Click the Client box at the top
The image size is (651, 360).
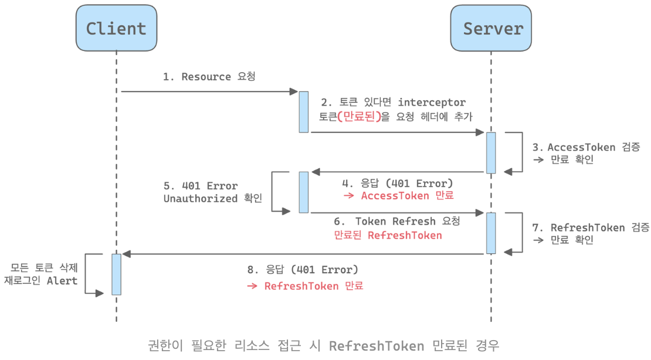point(116,28)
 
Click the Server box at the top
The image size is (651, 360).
point(491,28)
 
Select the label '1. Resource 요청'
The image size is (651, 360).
point(209,77)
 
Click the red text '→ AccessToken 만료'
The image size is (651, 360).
point(398,196)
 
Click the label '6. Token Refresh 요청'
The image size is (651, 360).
point(397,222)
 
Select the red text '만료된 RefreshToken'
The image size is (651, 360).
point(388,235)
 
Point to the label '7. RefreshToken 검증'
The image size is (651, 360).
point(591,227)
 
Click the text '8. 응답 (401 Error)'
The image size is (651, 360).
point(303,270)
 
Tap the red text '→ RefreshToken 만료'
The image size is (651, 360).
point(305,286)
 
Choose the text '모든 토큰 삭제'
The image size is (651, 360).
point(44,267)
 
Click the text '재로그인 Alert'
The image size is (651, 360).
point(41,281)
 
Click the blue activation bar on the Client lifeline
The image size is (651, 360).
point(116,274)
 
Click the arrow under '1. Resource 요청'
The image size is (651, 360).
point(209,91)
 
